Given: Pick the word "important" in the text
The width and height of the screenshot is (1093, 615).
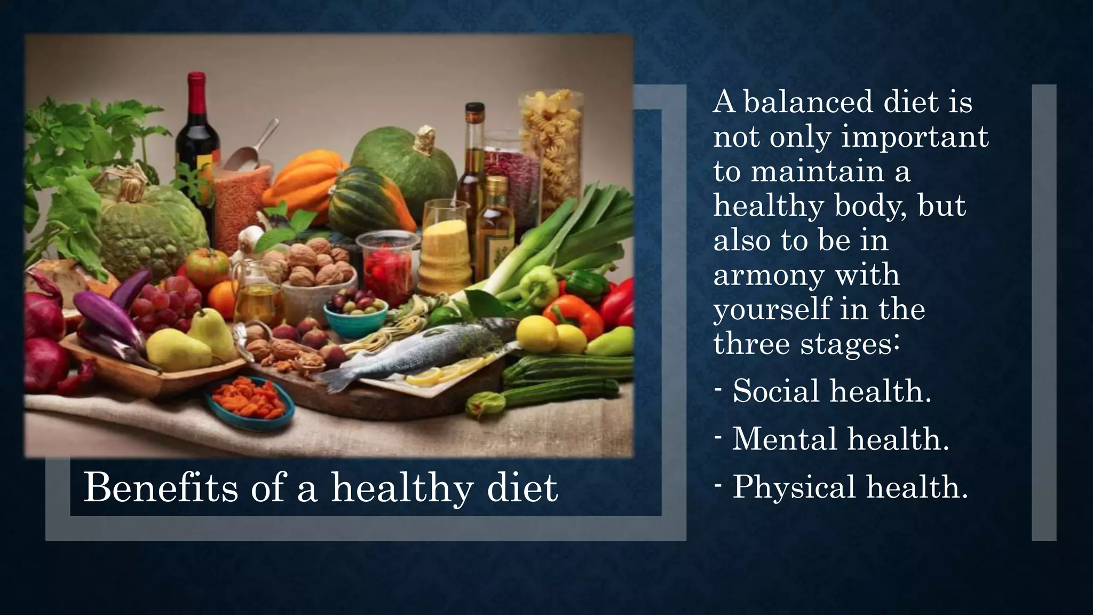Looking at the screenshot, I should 915,137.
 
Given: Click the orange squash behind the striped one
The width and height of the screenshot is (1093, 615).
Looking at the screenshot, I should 307,176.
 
